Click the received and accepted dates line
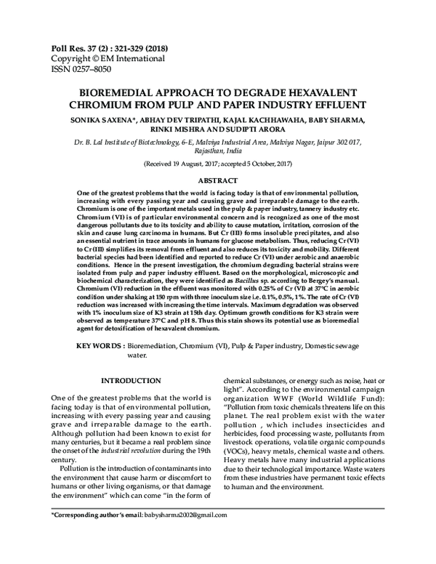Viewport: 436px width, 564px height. click(218, 166)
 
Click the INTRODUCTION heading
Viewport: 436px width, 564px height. click(131, 381)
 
